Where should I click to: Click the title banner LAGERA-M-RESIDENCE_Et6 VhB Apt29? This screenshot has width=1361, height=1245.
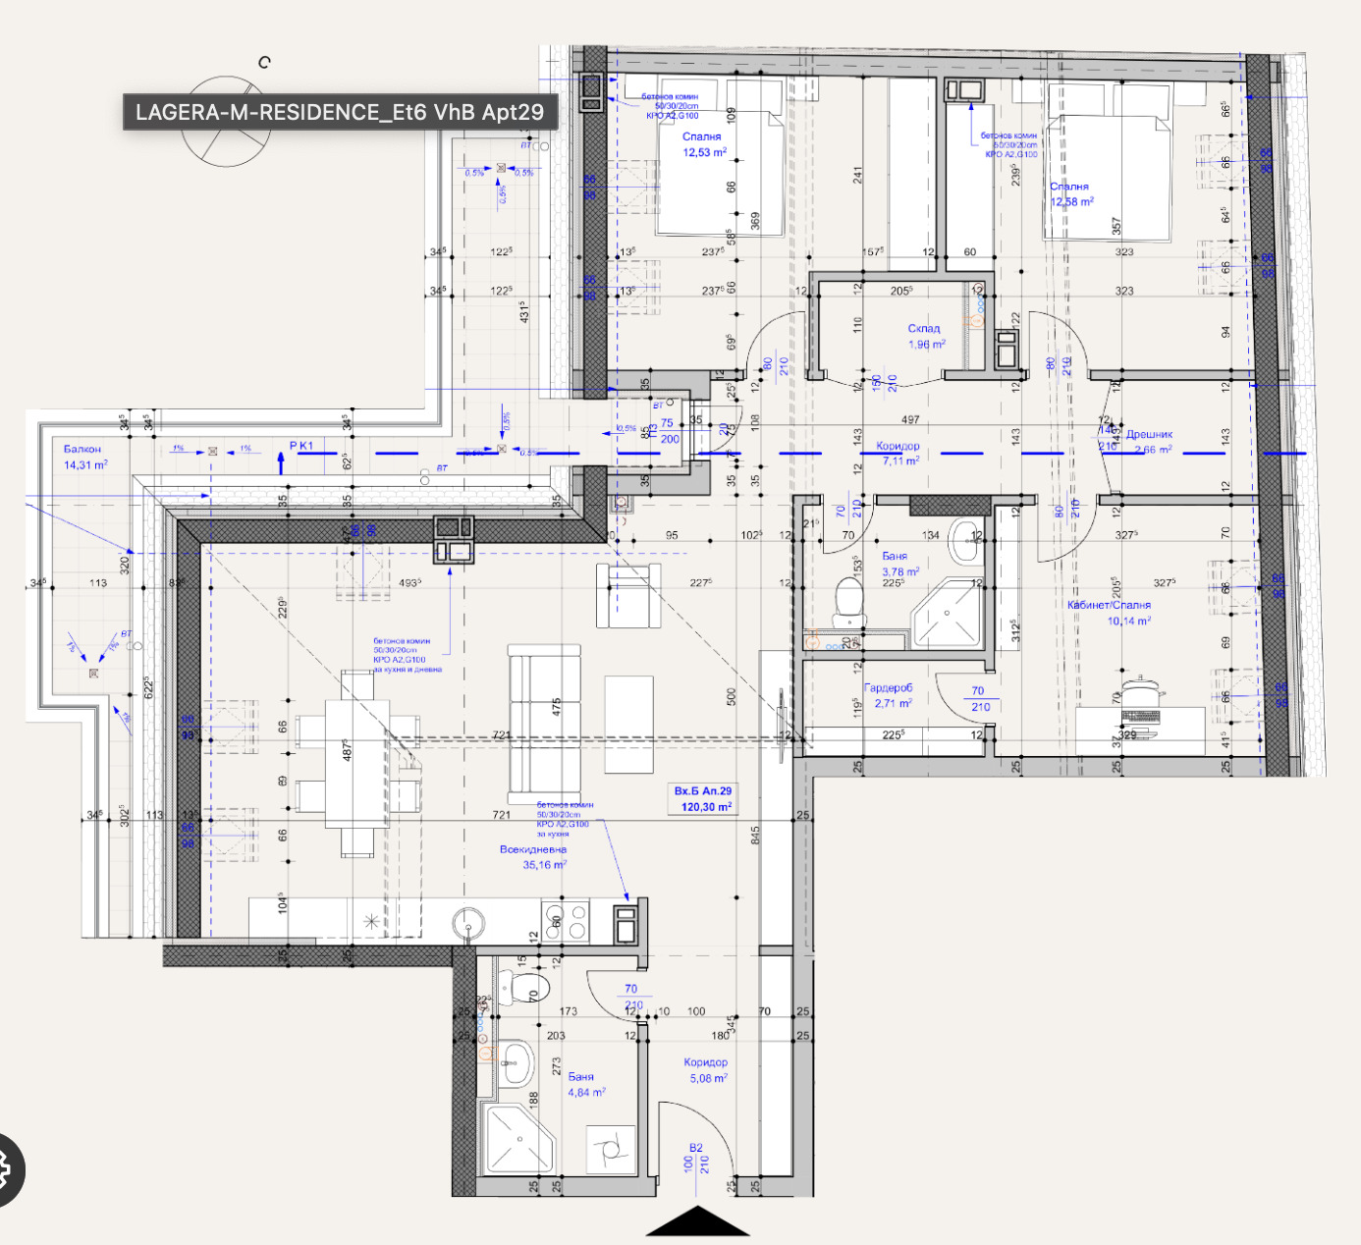pos(340,112)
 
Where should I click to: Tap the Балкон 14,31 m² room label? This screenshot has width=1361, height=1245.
pos(84,457)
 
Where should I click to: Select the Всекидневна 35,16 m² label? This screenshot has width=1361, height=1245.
pos(533,857)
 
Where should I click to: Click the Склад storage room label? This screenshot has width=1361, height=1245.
pos(925,336)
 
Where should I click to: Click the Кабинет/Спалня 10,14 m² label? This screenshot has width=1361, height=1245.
pos(1109,613)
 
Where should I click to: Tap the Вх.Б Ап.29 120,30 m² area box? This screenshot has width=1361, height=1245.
pos(703,798)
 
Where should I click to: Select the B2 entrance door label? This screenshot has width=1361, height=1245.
pos(695,1148)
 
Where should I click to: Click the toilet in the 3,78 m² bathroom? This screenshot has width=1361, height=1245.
pos(847,600)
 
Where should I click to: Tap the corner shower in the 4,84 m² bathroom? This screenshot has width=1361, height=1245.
pos(517,1139)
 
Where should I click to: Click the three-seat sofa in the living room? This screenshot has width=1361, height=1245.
pos(544,725)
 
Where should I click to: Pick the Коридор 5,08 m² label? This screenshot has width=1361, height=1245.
pos(706,1070)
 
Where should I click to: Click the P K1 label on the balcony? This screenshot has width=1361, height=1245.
pos(301,447)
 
